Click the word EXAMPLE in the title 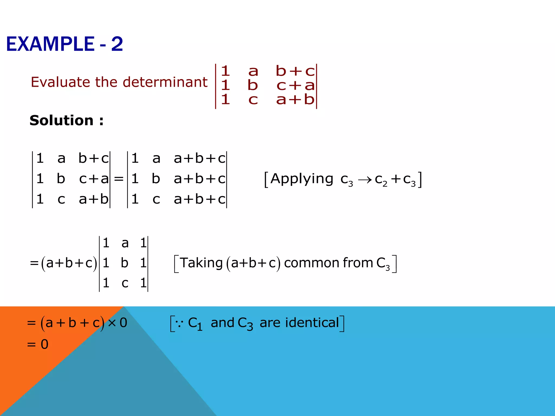[x=50, y=44]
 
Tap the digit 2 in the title [x=117, y=44]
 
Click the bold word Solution [x=62, y=120]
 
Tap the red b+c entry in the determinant [x=295, y=71]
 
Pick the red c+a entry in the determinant [x=295, y=86]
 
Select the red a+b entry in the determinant [x=295, y=100]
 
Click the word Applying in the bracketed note [x=302, y=179]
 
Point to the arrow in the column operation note [x=364, y=180]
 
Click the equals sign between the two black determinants [x=119, y=179]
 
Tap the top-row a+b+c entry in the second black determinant [x=199, y=158]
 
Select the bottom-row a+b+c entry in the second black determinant [x=199, y=199]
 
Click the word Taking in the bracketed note [x=201, y=263]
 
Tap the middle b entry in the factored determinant [x=124, y=263]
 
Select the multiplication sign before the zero [x=112, y=323]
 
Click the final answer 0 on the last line [x=44, y=344]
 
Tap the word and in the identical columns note [x=222, y=323]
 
